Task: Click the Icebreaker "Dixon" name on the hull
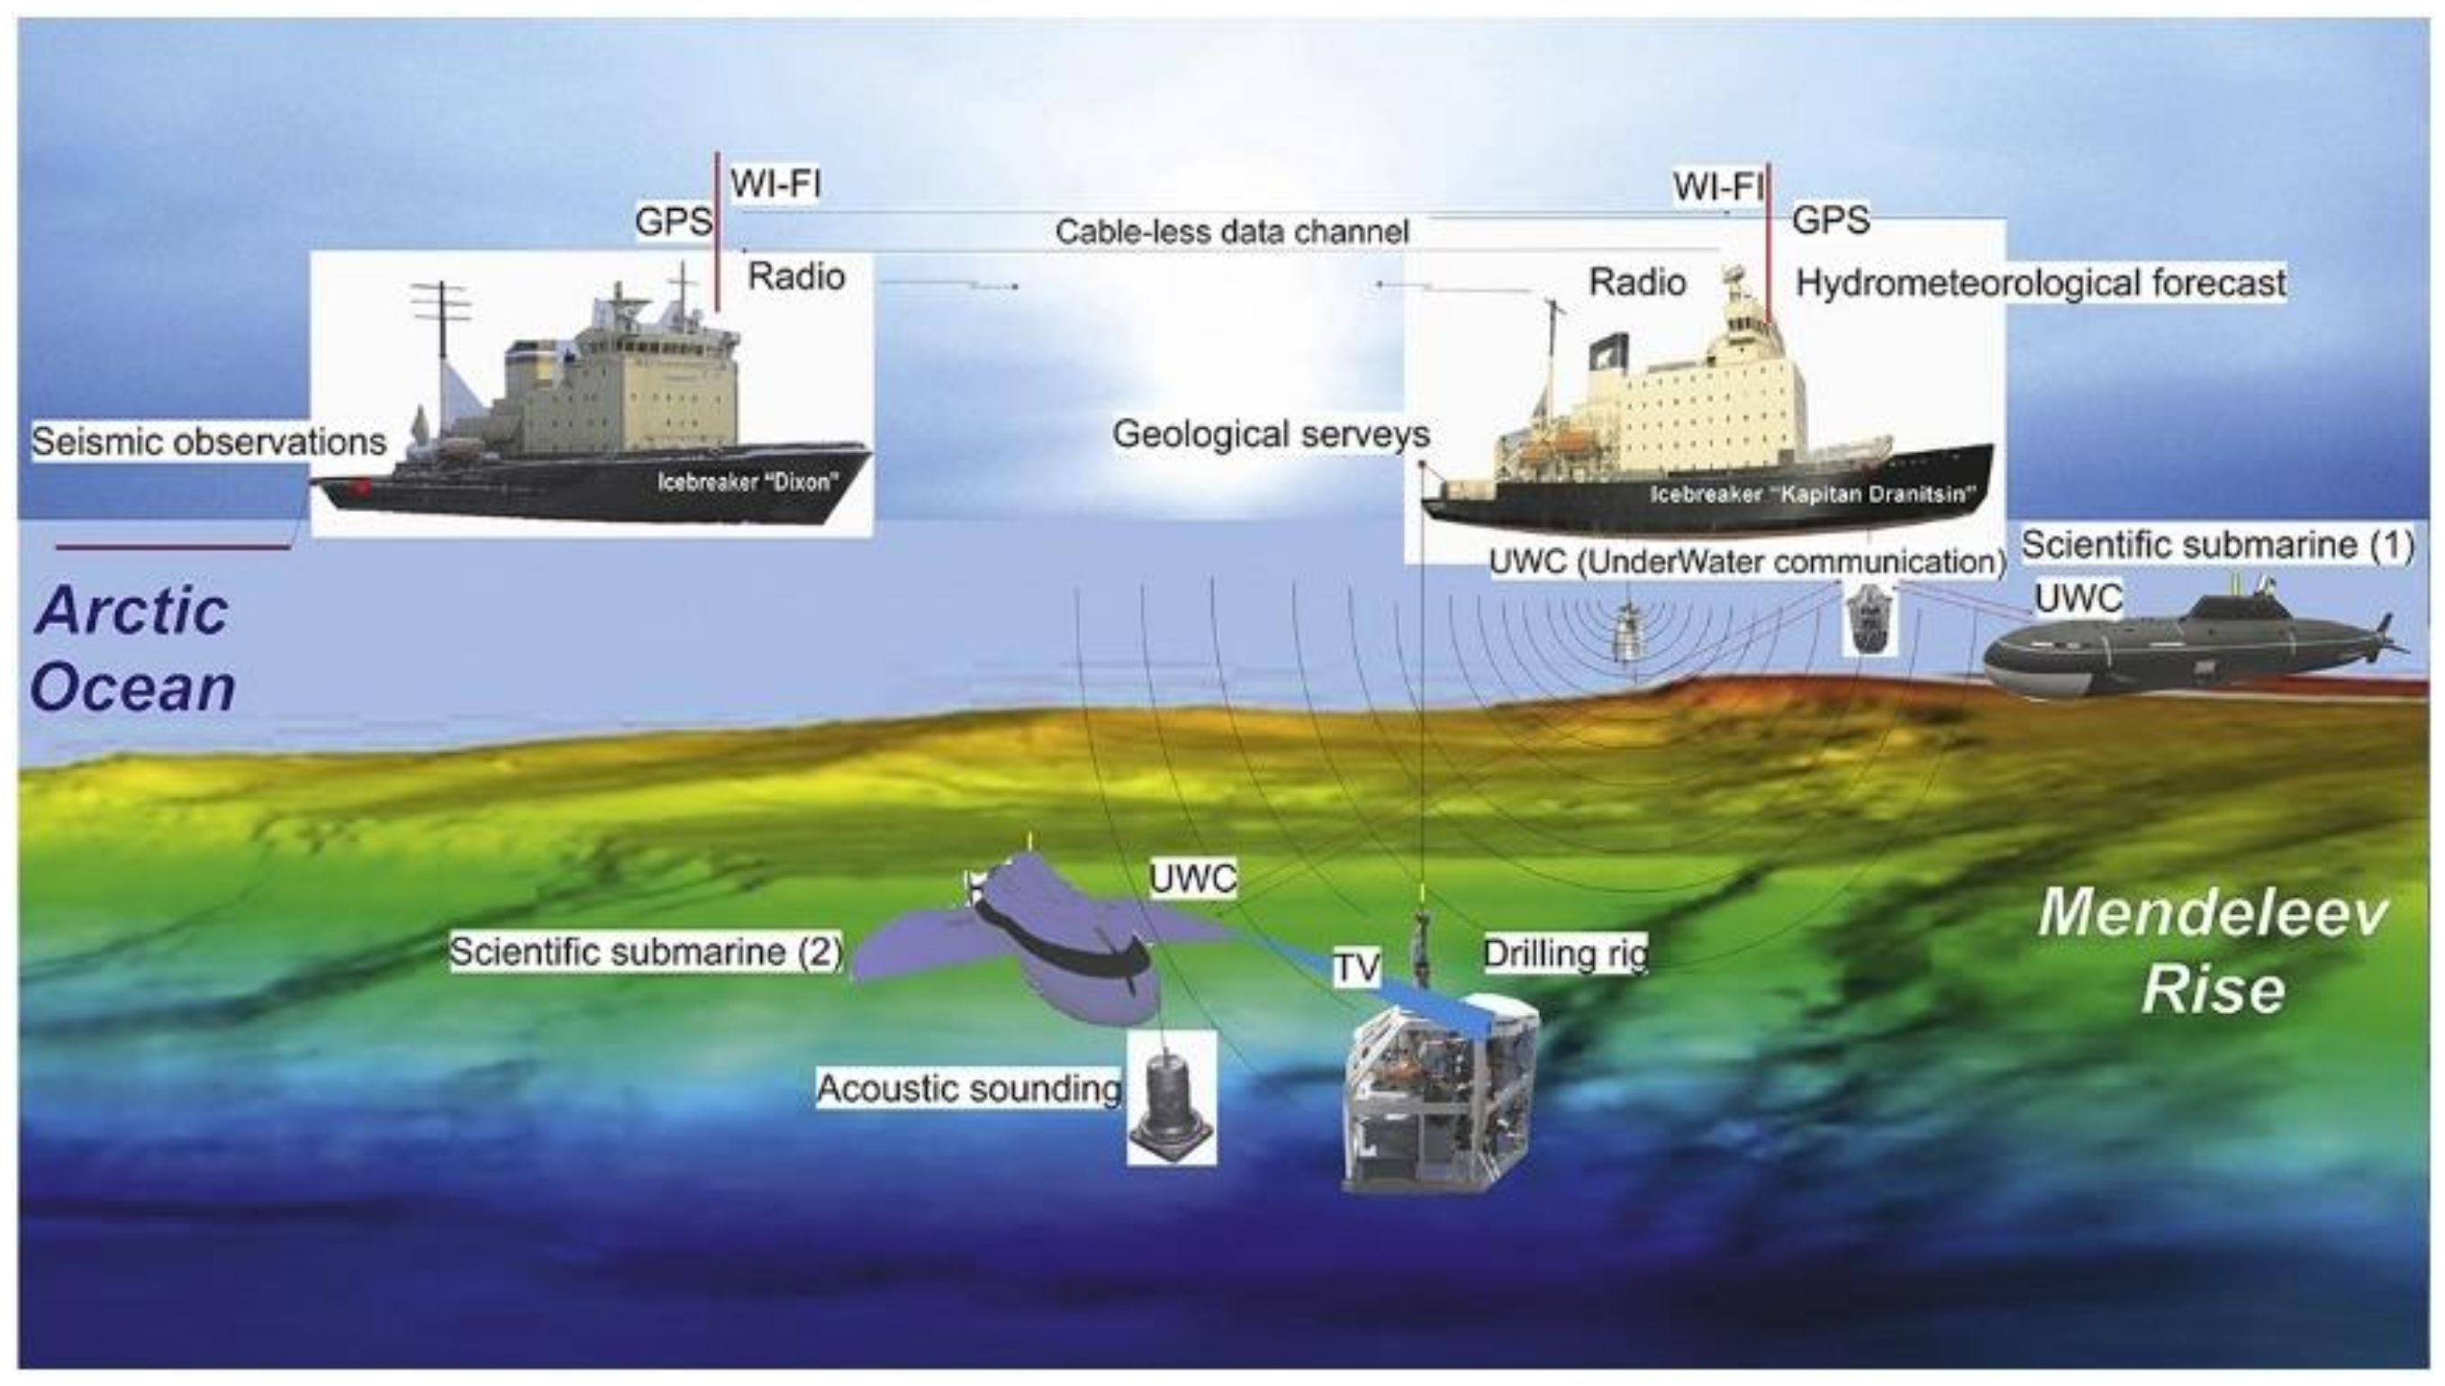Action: [748, 481]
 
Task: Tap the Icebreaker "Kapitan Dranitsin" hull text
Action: [1812, 495]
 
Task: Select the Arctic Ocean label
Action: [133, 648]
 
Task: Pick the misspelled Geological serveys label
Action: [1271, 434]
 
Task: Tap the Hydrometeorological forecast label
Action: [2041, 283]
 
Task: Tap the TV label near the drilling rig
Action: [1355, 968]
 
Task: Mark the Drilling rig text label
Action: [1564, 954]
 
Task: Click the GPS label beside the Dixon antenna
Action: [673, 222]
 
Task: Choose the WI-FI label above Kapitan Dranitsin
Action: [1718, 187]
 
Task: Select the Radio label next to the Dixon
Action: [796, 276]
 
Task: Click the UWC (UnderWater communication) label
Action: [1746, 562]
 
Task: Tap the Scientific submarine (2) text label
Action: [646, 951]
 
